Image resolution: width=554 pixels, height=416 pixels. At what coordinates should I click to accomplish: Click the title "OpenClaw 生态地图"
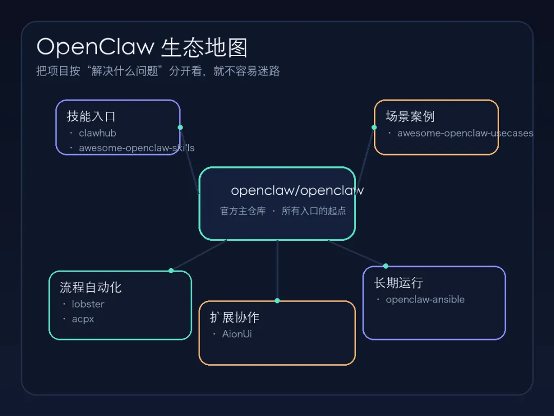coord(142,47)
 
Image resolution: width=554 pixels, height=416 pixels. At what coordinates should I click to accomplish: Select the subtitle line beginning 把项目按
coord(158,71)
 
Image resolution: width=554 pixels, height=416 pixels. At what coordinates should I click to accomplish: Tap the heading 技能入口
coord(91,116)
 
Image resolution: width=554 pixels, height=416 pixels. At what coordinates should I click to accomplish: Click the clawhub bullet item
coord(97,133)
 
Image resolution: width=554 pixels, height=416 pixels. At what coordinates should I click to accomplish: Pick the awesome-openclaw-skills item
coord(136,148)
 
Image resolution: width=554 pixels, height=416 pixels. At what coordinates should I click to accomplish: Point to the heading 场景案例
coord(410,116)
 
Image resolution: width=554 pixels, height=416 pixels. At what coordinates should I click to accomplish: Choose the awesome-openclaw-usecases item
coord(465,133)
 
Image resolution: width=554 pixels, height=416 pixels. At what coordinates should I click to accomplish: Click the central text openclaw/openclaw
coord(297,191)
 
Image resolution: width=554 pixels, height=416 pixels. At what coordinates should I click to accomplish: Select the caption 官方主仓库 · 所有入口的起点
coord(283,211)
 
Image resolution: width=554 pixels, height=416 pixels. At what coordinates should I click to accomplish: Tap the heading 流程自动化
coord(91,287)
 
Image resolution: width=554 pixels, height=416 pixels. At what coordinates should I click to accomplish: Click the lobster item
coord(88,304)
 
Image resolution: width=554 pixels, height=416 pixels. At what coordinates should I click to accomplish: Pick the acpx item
coord(83,319)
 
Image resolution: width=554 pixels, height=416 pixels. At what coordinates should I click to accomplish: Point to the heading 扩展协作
coord(234,317)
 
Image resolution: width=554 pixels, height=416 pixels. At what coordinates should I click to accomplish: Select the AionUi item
coord(236,334)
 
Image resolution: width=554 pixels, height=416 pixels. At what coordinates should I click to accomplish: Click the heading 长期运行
coord(399,282)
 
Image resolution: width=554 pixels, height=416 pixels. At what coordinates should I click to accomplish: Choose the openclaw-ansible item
coord(425,299)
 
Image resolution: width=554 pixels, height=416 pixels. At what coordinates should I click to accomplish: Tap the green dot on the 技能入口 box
coord(180,127)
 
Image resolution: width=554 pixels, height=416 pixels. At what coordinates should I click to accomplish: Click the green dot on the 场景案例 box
coord(374,127)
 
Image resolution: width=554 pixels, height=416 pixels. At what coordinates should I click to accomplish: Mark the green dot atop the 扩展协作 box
coord(277,300)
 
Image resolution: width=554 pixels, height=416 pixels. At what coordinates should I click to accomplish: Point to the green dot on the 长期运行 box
coord(386,266)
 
